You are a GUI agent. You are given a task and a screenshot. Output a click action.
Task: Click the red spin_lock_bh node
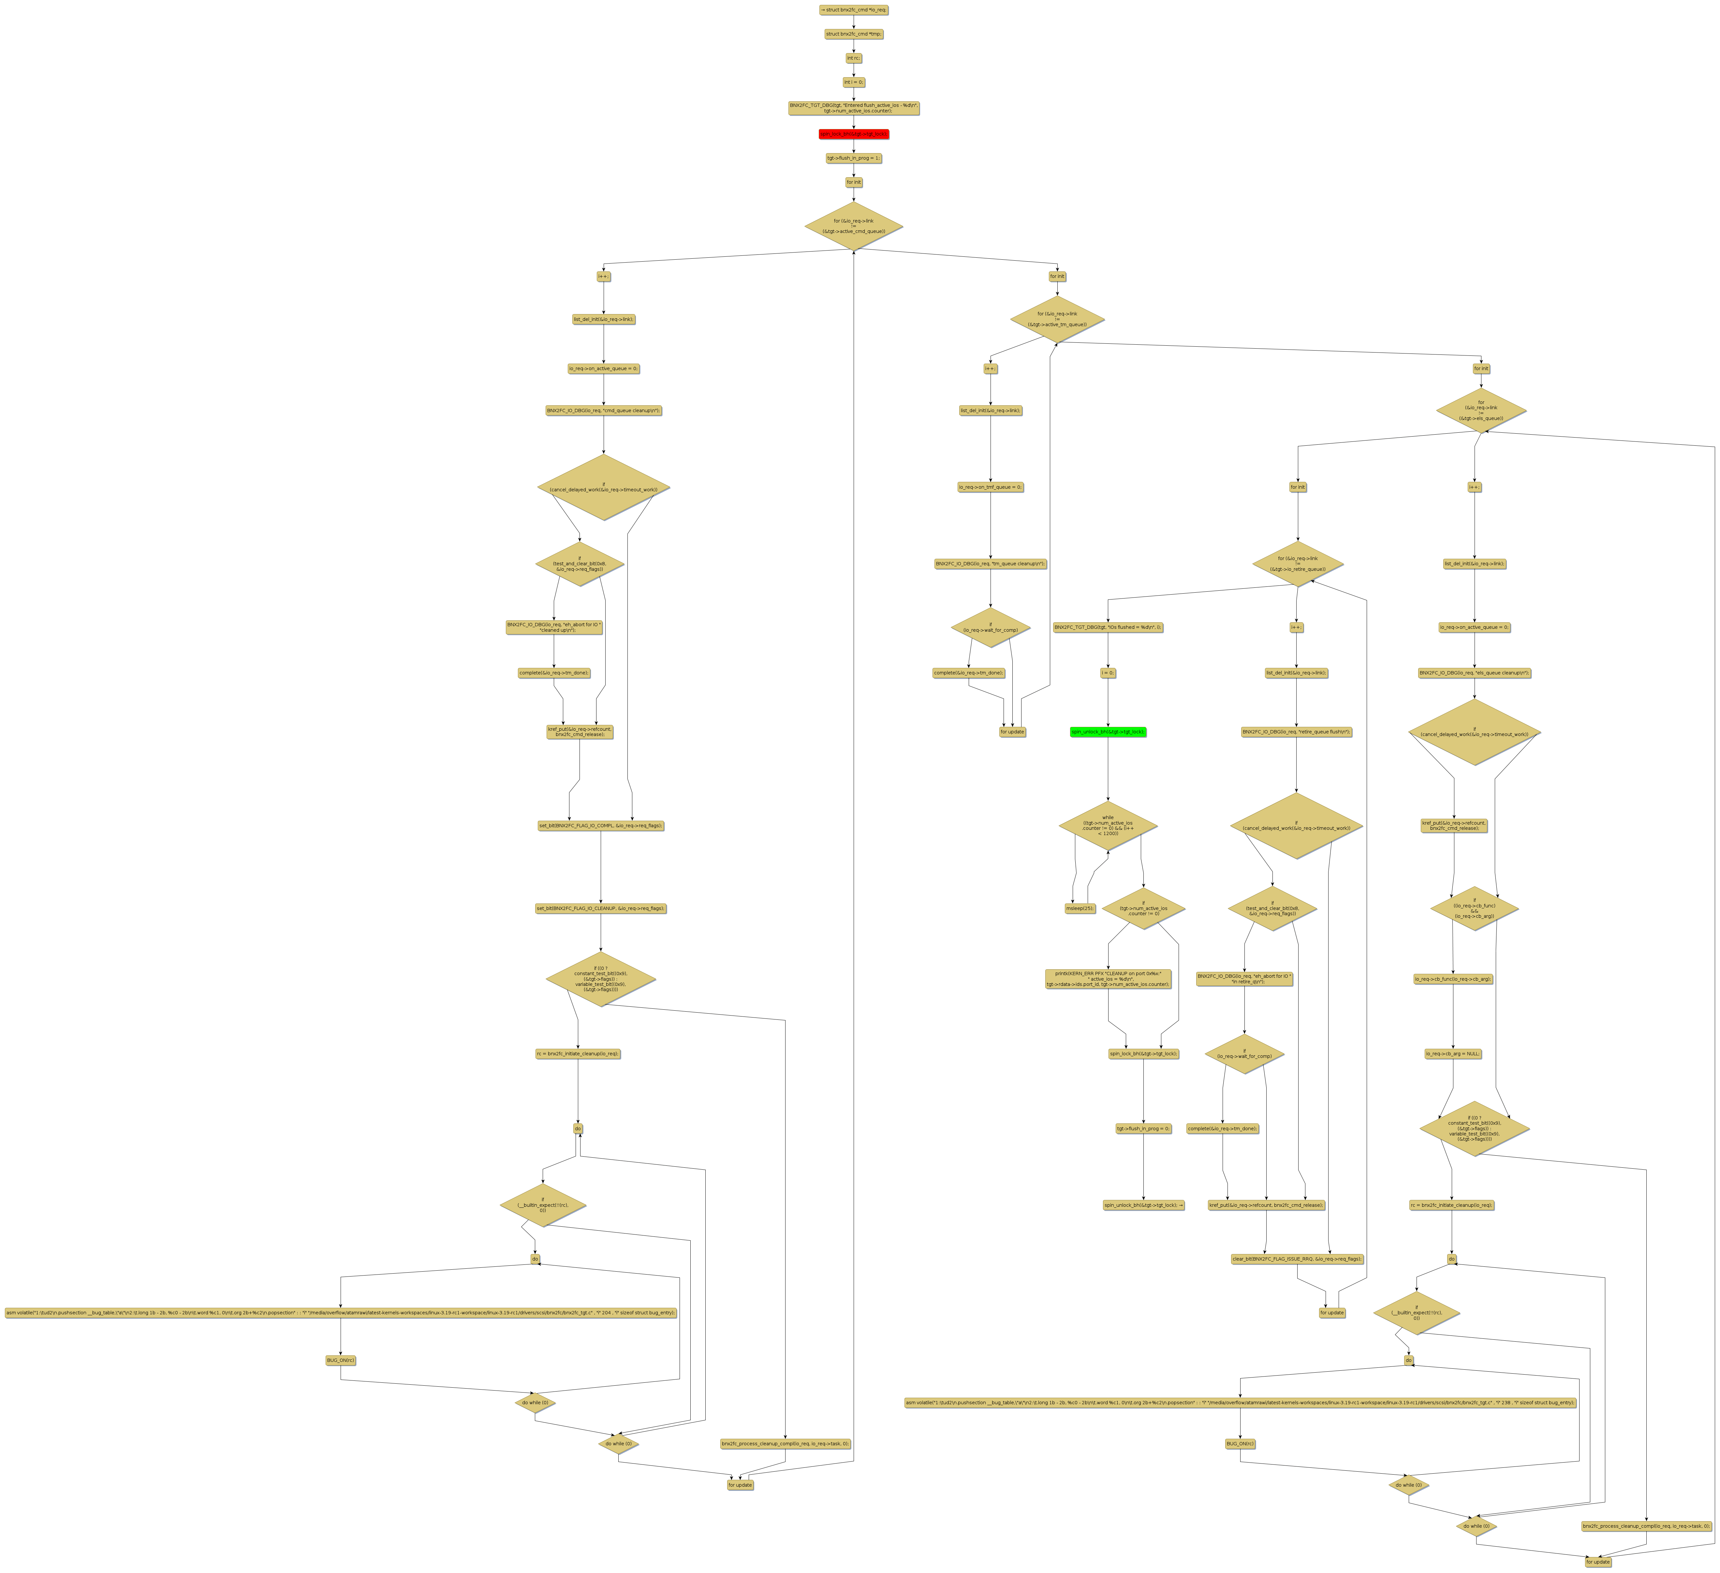pos(853,134)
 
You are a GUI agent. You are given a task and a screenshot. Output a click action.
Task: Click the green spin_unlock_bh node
pos(1108,732)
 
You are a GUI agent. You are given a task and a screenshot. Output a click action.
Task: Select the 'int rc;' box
pos(853,58)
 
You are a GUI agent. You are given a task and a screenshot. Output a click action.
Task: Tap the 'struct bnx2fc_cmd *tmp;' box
pos(853,34)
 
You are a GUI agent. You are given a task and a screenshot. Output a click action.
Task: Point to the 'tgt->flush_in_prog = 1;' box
pos(853,158)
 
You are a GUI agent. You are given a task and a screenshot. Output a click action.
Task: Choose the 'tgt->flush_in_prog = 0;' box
pos(1143,1129)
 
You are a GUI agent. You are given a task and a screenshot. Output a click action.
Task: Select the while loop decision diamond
pos(1108,826)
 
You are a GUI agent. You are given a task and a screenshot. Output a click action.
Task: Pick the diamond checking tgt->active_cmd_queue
pos(853,226)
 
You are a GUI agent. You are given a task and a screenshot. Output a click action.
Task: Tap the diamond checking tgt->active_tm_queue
pos(1057,320)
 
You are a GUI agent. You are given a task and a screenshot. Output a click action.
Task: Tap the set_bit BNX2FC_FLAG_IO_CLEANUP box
pos(601,908)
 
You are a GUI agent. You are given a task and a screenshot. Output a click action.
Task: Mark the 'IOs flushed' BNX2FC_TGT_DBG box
pos(1108,627)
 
